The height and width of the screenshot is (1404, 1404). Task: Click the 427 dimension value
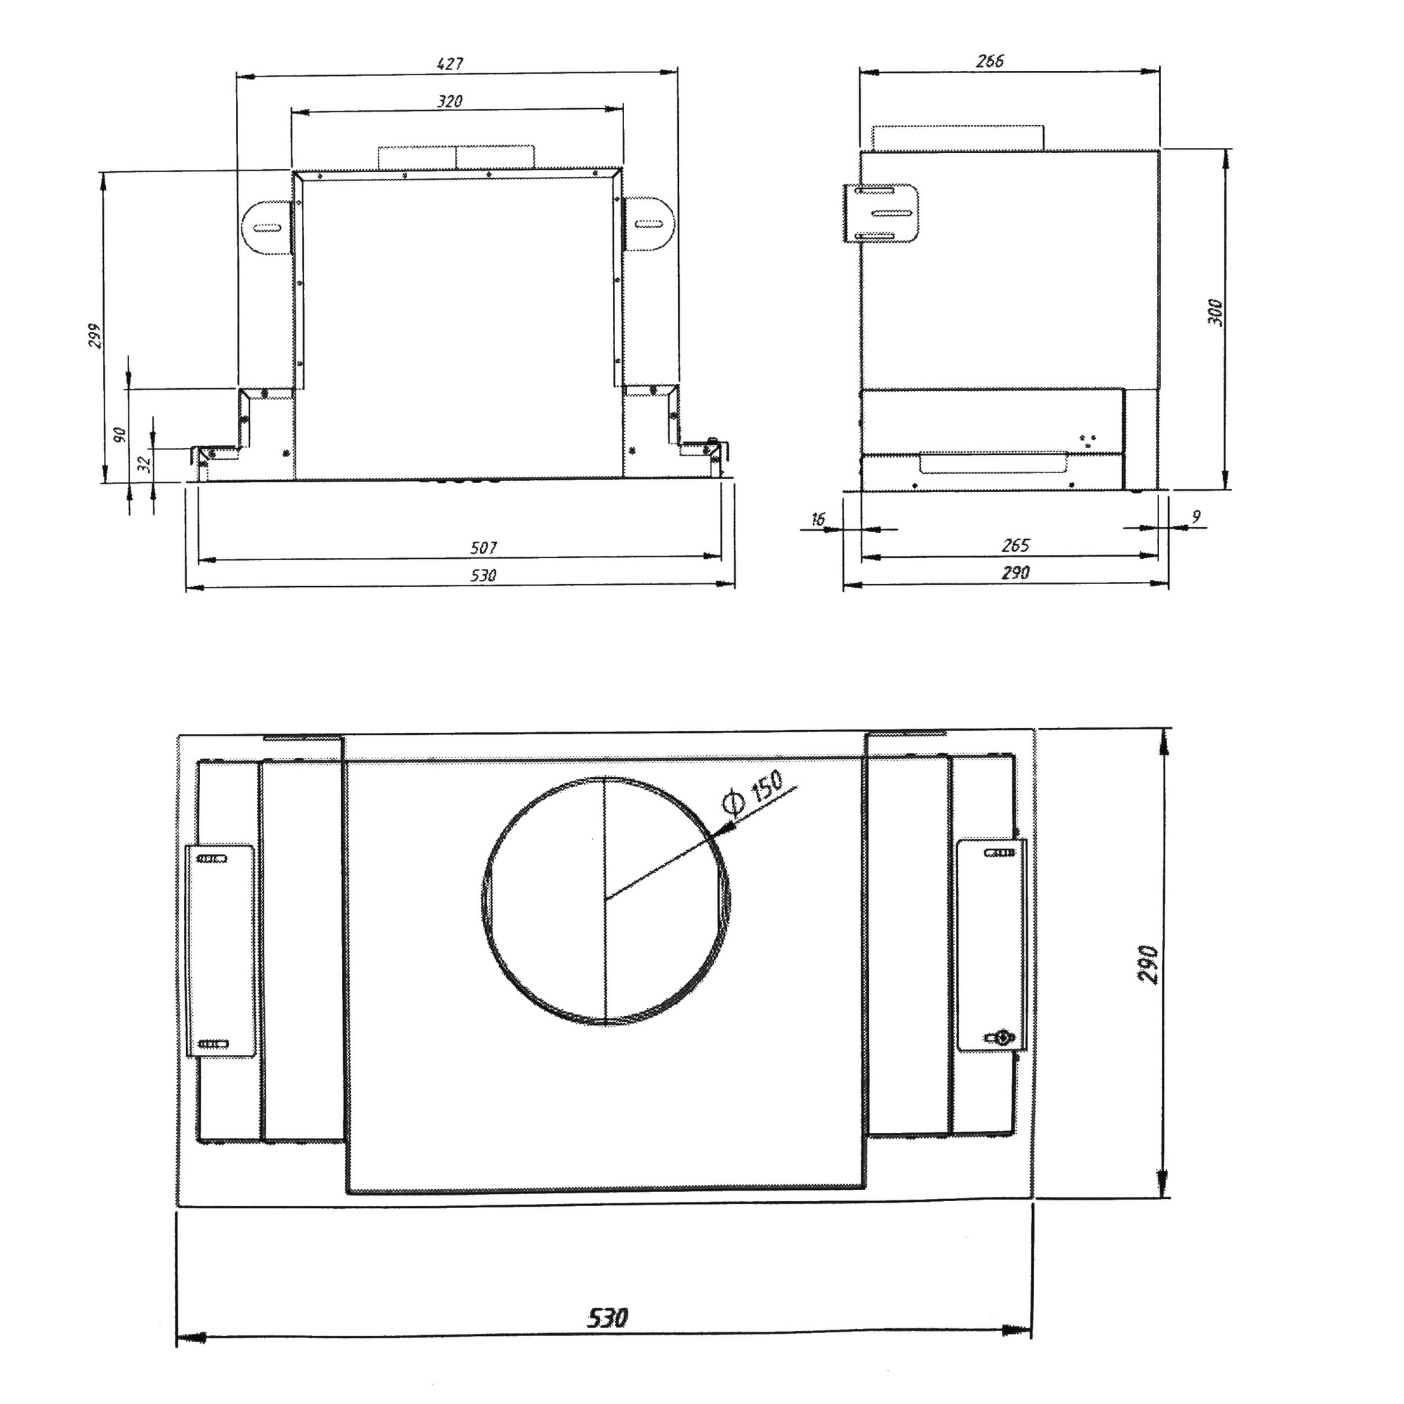[x=450, y=64]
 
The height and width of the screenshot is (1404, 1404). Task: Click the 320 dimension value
[x=450, y=101]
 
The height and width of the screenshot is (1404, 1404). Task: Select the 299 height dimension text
[x=95, y=335]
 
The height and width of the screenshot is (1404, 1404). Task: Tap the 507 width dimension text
[x=483, y=548]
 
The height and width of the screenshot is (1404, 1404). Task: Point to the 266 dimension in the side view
[x=990, y=61]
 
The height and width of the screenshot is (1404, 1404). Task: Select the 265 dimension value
[x=1015, y=545]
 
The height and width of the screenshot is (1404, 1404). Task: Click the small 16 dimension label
[x=818, y=519]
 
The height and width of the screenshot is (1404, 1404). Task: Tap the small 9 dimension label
[x=1196, y=516]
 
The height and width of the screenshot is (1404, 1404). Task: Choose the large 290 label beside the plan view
[x=1148, y=964]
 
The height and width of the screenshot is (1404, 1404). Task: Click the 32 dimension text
[x=145, y=462]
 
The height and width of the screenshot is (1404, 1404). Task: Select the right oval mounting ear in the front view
[x=649, y=223]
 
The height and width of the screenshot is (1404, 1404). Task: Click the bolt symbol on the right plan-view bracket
[x=1003, y=1037]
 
